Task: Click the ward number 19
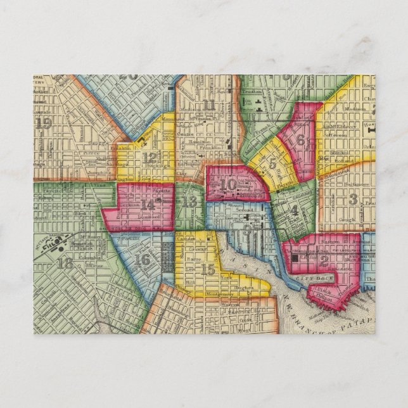click(44, 124)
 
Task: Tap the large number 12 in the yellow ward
click(150, 158)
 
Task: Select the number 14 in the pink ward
click(148, 205)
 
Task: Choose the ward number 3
click(352, 200)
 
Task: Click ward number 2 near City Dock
click(324, 258)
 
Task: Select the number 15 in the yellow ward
click(207, 269)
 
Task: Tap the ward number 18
click(64, 263)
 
